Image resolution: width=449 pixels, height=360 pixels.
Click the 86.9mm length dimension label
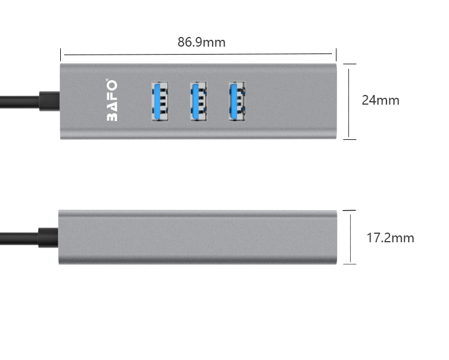(201, 42)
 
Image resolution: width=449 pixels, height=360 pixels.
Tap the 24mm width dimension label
(380, 100)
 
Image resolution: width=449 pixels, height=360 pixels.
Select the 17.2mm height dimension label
(390, 238)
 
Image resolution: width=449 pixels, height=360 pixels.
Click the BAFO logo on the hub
(112, 101)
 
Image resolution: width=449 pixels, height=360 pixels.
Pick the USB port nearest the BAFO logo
(160, 101)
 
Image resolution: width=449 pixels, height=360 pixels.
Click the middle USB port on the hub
(199, 101)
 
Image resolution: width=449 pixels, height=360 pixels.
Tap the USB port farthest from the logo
(237, 101)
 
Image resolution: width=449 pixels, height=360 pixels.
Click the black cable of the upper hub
(19, 102)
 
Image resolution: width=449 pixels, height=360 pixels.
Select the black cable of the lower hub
(19, 239)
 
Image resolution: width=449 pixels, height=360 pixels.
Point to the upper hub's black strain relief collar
(49, 101)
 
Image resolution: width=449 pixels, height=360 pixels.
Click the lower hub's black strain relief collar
(48, 238)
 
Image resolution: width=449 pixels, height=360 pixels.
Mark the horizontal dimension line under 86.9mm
(198, 54)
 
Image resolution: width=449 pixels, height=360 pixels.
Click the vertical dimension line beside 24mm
(348, 102)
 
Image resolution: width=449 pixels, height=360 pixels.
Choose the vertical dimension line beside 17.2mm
(351, 238)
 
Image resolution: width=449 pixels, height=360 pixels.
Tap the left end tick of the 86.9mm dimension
(60, 55)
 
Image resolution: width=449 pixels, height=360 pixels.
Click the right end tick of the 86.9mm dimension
(336, 55)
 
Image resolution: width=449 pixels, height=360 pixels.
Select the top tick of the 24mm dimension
(350, 64)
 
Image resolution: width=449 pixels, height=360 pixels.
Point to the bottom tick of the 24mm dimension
(350, 139)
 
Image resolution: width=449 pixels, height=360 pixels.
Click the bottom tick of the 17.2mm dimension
(350, 264)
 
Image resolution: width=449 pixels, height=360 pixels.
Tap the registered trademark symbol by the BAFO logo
(107, 80)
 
